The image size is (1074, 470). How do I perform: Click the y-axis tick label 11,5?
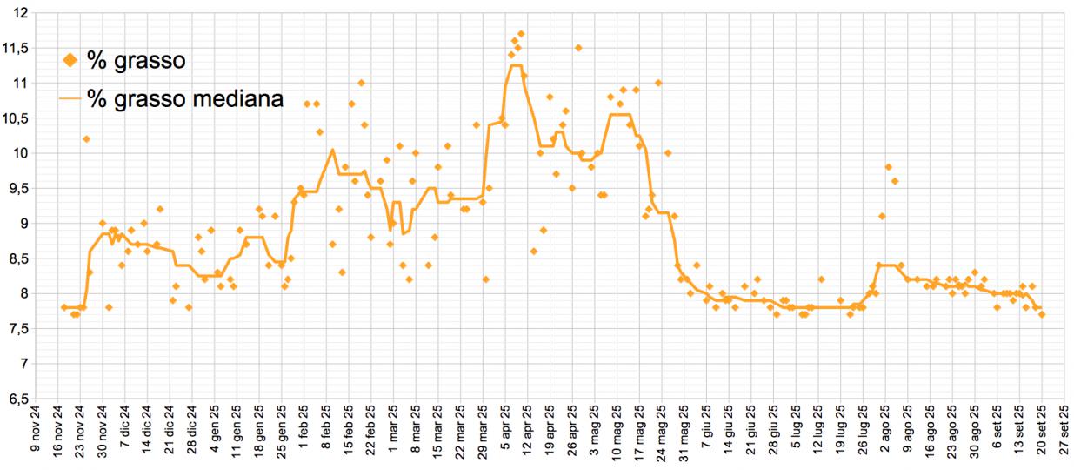click(x=16, y=48)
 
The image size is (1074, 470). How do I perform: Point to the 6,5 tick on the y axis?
click(x=16, y=399)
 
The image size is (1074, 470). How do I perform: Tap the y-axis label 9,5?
click(x=16, y=188)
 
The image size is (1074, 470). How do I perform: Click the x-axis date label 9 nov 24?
click(x=35, y=436)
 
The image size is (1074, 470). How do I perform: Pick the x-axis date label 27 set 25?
click(x=1064, y=436)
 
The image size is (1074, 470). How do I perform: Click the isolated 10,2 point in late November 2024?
click(x=86, y=139)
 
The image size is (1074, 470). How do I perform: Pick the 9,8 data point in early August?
click(x=888, y=167)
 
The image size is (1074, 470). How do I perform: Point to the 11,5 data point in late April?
click(x=577, y=48)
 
